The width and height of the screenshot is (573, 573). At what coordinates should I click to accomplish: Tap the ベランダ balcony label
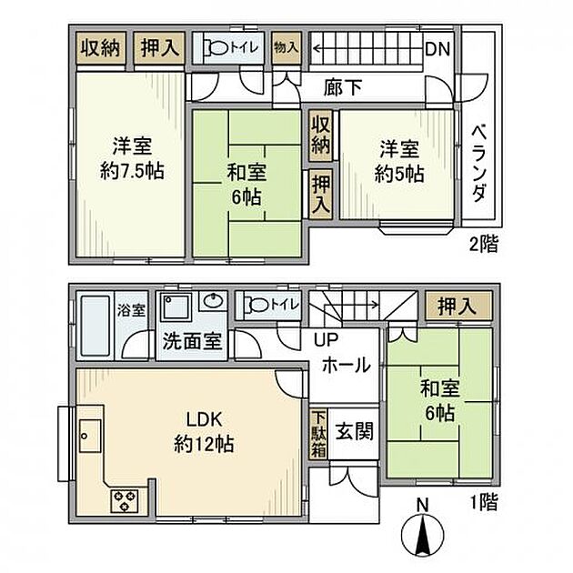(x=481, y=165)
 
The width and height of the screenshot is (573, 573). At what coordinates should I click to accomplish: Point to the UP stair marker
(x=326, y=338)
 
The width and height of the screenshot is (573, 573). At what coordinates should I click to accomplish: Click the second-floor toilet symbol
(x=216, y=49)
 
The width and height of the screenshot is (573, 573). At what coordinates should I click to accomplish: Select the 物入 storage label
(x=286, y=49)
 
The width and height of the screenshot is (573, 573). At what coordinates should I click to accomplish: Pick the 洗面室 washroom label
(x=191, y=346)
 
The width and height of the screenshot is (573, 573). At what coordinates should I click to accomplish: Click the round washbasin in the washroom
(x=213, y=302)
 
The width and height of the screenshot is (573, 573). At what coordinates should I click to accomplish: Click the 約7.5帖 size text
(x=132, y=170)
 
